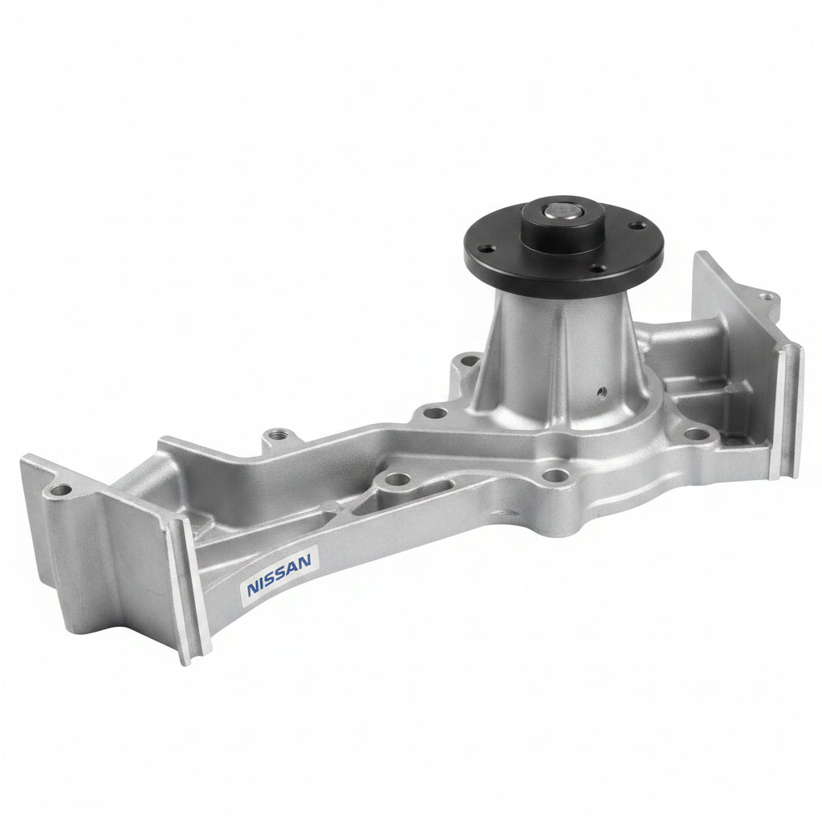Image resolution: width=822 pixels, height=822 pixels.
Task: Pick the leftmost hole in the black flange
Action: pos(488,250)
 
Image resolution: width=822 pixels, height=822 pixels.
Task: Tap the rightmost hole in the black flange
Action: pos(636,226)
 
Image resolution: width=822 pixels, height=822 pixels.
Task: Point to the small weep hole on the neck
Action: pos(602,392)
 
